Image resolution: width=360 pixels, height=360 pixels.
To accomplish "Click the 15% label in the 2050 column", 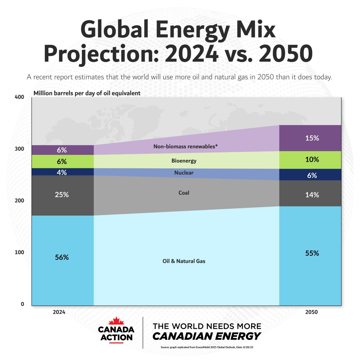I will coord(312,138).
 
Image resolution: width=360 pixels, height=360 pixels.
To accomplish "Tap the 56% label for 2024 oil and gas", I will coord(62,257).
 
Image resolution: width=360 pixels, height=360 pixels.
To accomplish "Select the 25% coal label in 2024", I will coord(62,195).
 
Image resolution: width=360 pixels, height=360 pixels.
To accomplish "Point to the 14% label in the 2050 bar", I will coord(312,195).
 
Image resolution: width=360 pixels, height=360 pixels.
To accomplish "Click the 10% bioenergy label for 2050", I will coord(312,160).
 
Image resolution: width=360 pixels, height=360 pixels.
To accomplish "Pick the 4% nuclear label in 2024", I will coord(62,172).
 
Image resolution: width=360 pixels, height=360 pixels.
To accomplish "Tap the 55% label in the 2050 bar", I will coord(312,253).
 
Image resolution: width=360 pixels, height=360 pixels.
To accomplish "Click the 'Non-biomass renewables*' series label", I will coord(185,147).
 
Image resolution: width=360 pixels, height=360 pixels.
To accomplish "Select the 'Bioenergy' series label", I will coord(184,161).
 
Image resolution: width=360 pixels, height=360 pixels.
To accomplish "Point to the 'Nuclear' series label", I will coord(184,173).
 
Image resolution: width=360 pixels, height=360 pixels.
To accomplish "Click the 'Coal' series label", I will coord(184,193).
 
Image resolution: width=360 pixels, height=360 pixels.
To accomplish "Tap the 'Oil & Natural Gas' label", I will coord(184,261).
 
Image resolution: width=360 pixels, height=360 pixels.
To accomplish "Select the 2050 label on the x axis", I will coord(311,312).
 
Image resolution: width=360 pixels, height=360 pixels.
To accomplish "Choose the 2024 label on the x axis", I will coord(59,312).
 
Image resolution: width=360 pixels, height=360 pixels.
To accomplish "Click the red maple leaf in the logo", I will coord(116,321).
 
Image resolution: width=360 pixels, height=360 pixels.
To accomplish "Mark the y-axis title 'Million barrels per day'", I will coord(87,93).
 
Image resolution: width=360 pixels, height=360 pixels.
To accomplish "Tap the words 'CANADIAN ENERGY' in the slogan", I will coord(207,336).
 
